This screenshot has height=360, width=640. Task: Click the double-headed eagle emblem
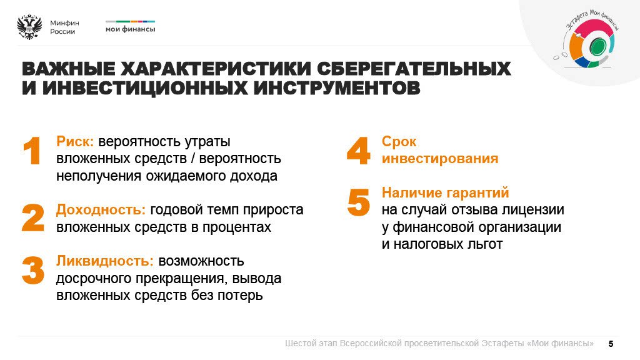point(29,26)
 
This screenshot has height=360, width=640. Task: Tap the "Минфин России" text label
point(64,27)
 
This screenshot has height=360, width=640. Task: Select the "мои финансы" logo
point(130,26)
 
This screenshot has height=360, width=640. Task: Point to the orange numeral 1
point(32,151)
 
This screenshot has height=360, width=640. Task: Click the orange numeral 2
point(33,218)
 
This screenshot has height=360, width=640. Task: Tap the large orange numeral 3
point(33,270)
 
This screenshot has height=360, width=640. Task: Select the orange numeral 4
point(358,151)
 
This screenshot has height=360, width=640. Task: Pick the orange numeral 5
point(358,202)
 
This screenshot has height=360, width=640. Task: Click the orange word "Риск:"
point(75,142)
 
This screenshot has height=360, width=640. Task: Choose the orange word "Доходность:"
point(101,210)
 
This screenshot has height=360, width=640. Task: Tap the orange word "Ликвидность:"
point(105,261)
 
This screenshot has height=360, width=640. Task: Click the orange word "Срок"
point(399,142)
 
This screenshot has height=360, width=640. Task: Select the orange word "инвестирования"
point(440,158)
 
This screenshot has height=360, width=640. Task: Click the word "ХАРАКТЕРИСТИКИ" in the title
point(215,69)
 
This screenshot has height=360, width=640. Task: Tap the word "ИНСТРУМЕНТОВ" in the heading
point(337,87)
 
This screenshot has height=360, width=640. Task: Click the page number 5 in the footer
point(611,344)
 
